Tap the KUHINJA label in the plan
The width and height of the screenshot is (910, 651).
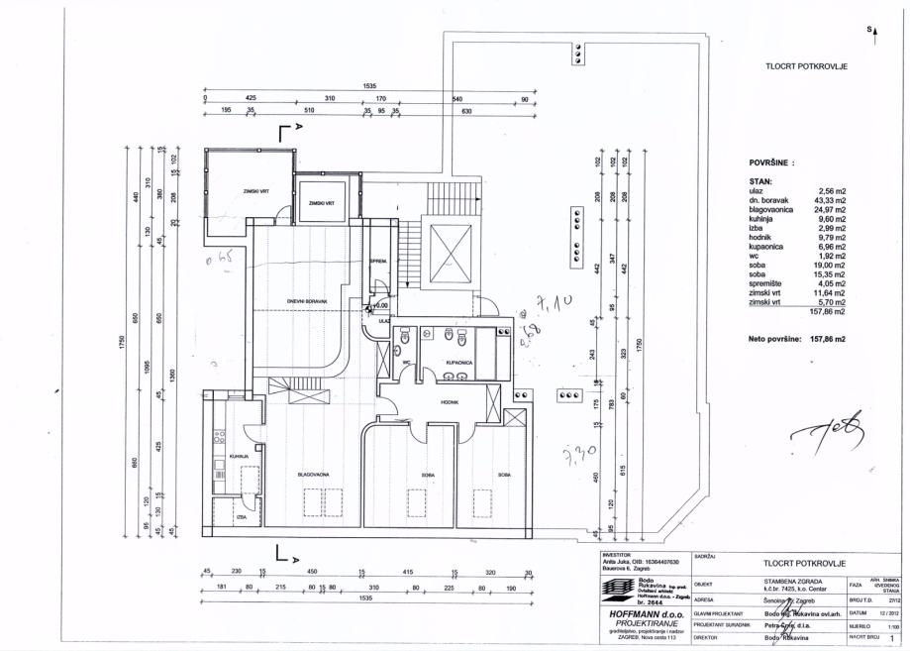click(x=238, y=456)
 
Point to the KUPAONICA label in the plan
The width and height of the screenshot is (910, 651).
click(x=455, y=364)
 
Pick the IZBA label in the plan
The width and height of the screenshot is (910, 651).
click(x=240, y=516)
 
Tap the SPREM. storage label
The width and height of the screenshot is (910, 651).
click(x=377, y=261)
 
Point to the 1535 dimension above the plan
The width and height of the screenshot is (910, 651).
click(x=370, y=86)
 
